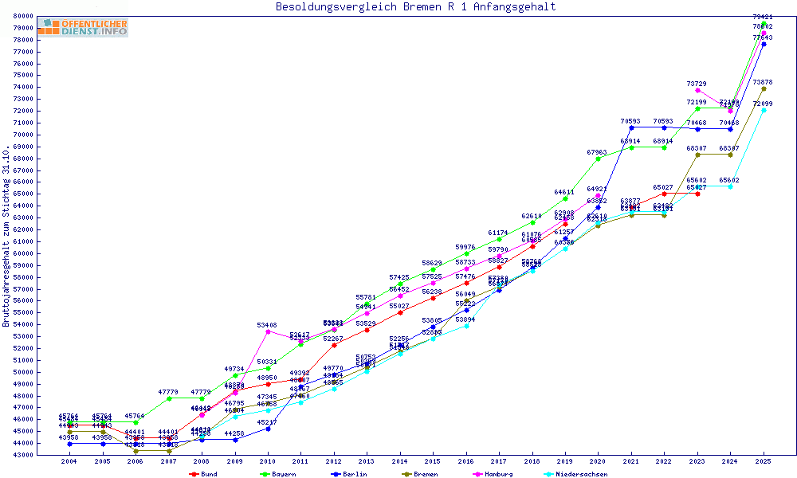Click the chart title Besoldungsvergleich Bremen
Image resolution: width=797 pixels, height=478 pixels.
(x=415, y=7)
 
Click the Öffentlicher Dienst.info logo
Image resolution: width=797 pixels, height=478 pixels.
(x=82, y=28)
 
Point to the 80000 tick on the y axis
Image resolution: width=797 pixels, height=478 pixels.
(x=44, y=16)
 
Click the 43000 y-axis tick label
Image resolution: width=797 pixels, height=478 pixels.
(x=44, y=455)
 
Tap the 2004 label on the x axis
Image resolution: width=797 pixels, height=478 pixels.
(x=69, y=461)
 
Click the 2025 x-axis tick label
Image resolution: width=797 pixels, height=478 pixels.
(x=764, y=461)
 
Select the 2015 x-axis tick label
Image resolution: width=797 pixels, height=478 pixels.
(x=433, y=461)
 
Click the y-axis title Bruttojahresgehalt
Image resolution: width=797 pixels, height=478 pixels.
(x=6, y=237)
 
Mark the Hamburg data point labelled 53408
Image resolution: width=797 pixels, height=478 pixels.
(x=268, y=331)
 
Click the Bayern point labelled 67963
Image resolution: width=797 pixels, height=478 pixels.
(x=598, y=159)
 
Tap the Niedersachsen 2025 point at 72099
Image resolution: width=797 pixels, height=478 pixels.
(x=764, y=110)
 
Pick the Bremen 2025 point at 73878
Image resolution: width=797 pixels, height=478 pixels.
(x=764, y=88)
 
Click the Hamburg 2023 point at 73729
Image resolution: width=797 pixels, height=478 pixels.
(x=697, y=90)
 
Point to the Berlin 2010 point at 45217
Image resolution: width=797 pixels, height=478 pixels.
(x=268, y=429)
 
